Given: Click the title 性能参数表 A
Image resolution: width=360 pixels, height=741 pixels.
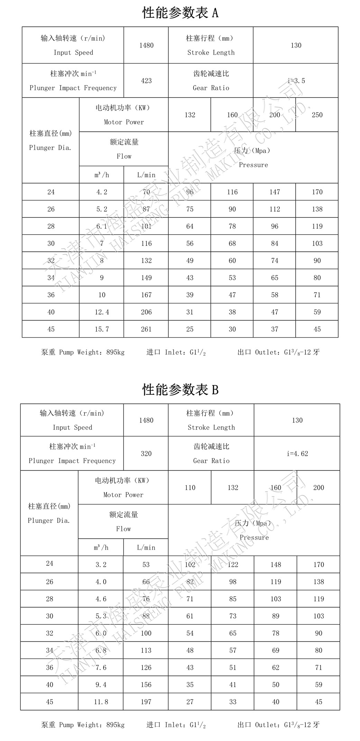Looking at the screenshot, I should coord(180,13).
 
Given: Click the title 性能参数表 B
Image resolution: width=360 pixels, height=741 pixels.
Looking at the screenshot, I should coord(180,390).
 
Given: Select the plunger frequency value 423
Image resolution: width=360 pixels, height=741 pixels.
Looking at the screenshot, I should coord(146,81).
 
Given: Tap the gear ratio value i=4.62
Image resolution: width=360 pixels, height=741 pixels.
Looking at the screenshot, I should coord(297,453).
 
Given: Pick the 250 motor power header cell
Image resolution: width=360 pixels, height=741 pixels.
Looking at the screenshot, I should coord(317,115).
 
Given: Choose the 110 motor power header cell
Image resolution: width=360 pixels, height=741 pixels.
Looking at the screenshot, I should coord(190,488).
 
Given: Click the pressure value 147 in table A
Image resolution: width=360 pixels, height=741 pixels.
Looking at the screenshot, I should coord(275,192).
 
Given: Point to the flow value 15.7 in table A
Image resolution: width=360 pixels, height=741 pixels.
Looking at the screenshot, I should coord(102,329).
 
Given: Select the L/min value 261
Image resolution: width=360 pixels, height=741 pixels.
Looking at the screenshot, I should coord(146,329).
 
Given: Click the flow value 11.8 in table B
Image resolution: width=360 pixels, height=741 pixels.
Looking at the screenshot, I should coord(101,702).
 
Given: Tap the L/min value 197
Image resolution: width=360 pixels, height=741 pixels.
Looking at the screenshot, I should coord(146,702).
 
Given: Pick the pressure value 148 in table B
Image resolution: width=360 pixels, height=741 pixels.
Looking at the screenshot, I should coord(276,565).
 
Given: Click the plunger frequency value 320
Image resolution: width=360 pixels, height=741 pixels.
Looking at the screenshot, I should coord(146,453).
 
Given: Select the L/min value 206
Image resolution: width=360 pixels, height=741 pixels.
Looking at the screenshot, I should coord(146,312).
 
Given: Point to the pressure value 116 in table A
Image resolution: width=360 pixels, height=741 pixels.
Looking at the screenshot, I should coord(232,192).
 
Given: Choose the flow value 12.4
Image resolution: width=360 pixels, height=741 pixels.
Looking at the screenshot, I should coord(102,312).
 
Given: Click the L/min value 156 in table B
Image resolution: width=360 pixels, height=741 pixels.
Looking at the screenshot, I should coord(146,685).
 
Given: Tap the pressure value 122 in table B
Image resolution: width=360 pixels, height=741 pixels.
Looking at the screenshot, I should coord(233,565).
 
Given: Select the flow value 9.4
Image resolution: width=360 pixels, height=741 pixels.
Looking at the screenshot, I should coord(101,685).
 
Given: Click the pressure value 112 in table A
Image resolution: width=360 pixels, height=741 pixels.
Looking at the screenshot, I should coord(275,209).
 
